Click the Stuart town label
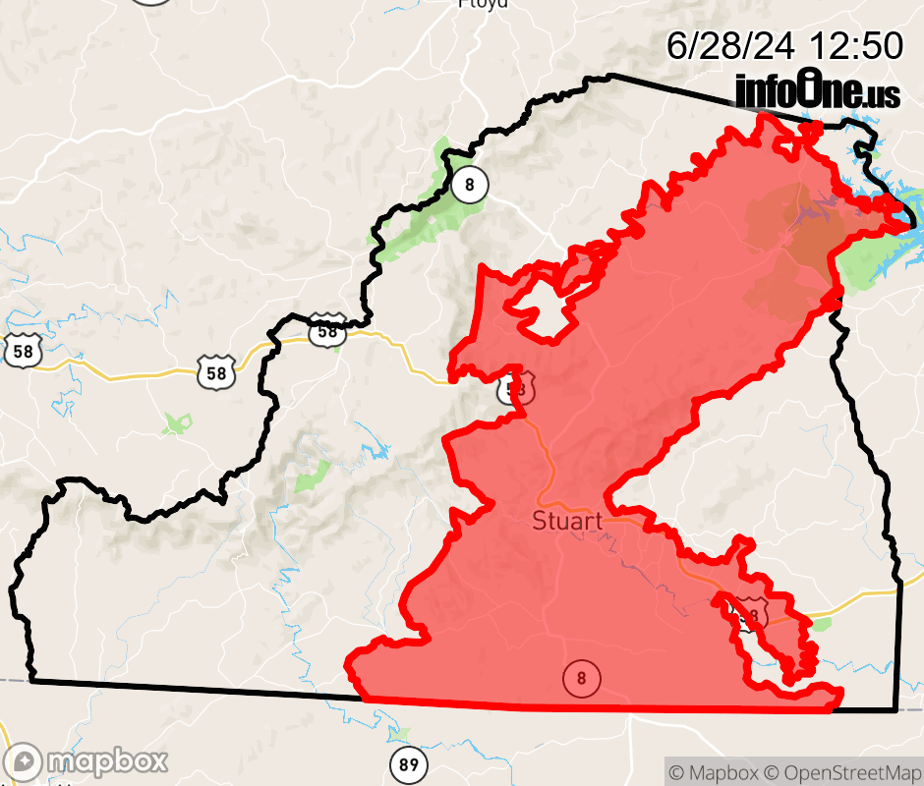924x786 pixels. pos(567,521)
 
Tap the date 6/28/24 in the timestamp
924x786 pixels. pos(731,45)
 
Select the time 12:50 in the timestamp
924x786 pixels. pos(855,45)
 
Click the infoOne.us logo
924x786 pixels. pos(817,91)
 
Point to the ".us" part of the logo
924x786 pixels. pos(881,95)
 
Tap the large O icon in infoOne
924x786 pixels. pos(809,89)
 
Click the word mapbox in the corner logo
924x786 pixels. pos(107,761)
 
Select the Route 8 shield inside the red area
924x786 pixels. pos(581,678)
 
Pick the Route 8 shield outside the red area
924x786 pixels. pos(471,184)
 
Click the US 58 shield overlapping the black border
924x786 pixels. pos(327,331)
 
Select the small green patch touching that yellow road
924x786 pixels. pos(821,623)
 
